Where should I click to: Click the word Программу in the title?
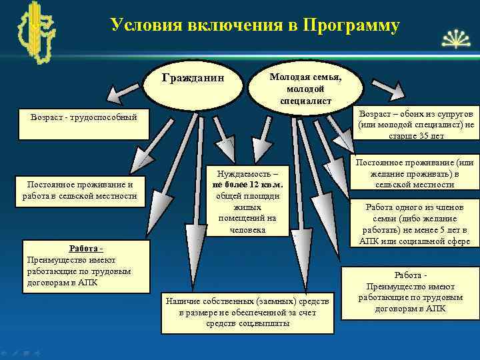(351, 26)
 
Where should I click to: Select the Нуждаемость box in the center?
(247, 199)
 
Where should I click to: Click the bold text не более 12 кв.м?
(247, 184)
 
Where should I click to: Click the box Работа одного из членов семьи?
(415, 223)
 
